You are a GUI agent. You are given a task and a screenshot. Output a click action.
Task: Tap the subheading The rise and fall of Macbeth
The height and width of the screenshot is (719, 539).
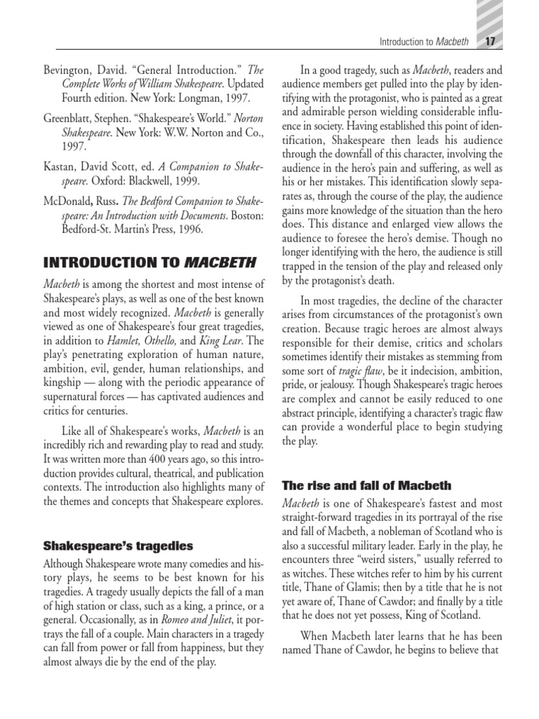366,485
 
